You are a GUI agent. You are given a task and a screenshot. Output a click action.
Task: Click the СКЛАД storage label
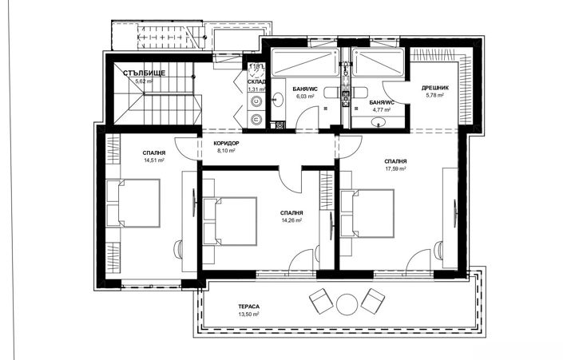[x=256, y=81]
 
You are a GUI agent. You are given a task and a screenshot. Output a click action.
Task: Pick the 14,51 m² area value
[x=154, y=160]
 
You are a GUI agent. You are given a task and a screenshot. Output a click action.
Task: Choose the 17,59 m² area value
[x=395, y=168]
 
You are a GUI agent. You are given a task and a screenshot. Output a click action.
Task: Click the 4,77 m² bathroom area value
[x=381, y=110]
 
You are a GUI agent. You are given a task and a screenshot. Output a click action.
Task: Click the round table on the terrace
[x=347, y=303]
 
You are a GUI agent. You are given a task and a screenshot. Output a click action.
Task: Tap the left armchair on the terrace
[x=320, y=300]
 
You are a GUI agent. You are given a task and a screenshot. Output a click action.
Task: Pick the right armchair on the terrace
[x=372, y=300]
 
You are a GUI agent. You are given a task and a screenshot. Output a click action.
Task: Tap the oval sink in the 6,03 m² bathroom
[x=279, y=100]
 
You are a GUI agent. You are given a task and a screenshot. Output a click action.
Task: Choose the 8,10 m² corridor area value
[x=228, y=150]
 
